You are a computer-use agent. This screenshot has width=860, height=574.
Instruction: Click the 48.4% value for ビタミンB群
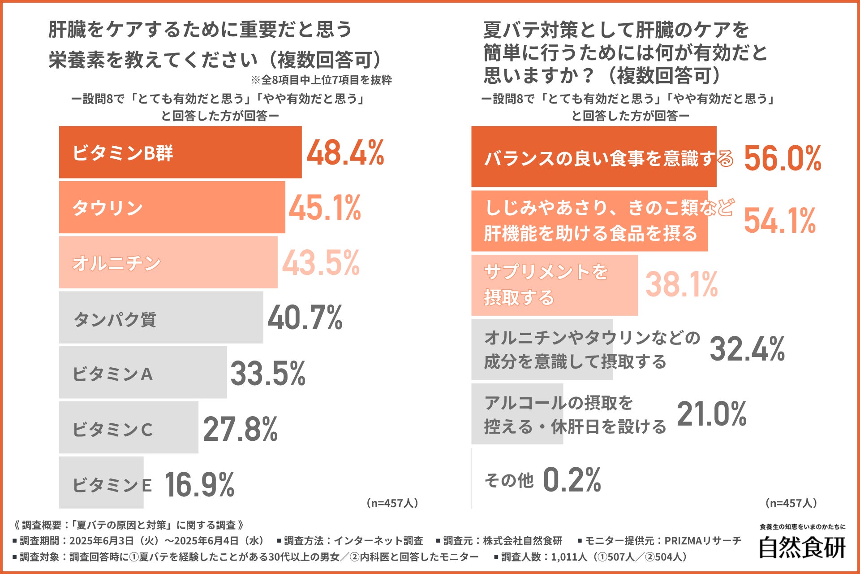click(345, 152)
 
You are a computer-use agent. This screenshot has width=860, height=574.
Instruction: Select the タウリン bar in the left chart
click(172, 207)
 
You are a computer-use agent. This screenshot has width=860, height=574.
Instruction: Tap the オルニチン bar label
click(116, 263)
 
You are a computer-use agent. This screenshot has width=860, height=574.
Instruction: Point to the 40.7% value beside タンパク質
click(305, 317)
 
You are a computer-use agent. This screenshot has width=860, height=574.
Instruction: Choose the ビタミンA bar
click(143, 372)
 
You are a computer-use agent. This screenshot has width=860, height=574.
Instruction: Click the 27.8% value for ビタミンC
click(240, 429)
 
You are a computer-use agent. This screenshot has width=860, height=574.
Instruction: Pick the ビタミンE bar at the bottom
click(101, 483)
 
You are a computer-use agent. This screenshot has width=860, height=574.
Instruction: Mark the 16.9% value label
click(199, 484)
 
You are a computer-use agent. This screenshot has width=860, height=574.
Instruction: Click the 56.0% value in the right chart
click(783, 158)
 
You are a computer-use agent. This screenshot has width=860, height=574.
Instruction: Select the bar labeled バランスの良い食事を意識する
click(593, 157)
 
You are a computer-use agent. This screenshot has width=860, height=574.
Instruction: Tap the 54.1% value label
click(779, 220)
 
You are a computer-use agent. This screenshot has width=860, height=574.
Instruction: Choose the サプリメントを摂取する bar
click(554, 285)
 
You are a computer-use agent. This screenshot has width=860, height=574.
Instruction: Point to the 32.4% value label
click(747, 349)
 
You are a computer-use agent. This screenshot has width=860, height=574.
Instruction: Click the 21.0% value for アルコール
click(711, 413)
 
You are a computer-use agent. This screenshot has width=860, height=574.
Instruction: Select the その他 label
click(509, 480)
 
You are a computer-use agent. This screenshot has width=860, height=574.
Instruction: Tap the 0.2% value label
click(572, 479)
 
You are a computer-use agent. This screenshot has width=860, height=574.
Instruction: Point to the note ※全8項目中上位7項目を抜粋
click(321, 80)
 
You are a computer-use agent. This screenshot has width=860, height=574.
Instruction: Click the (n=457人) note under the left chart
click(392, 503)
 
